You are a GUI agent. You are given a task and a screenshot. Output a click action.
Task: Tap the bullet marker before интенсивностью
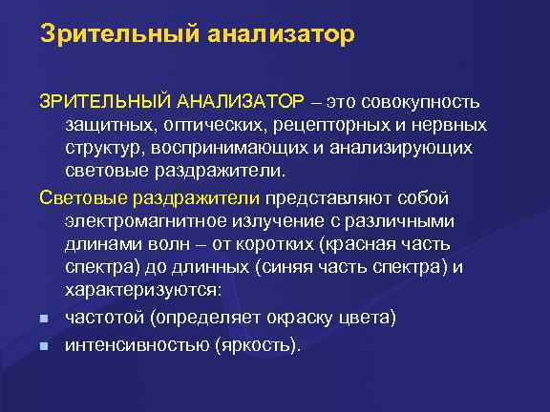[44, 345]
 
